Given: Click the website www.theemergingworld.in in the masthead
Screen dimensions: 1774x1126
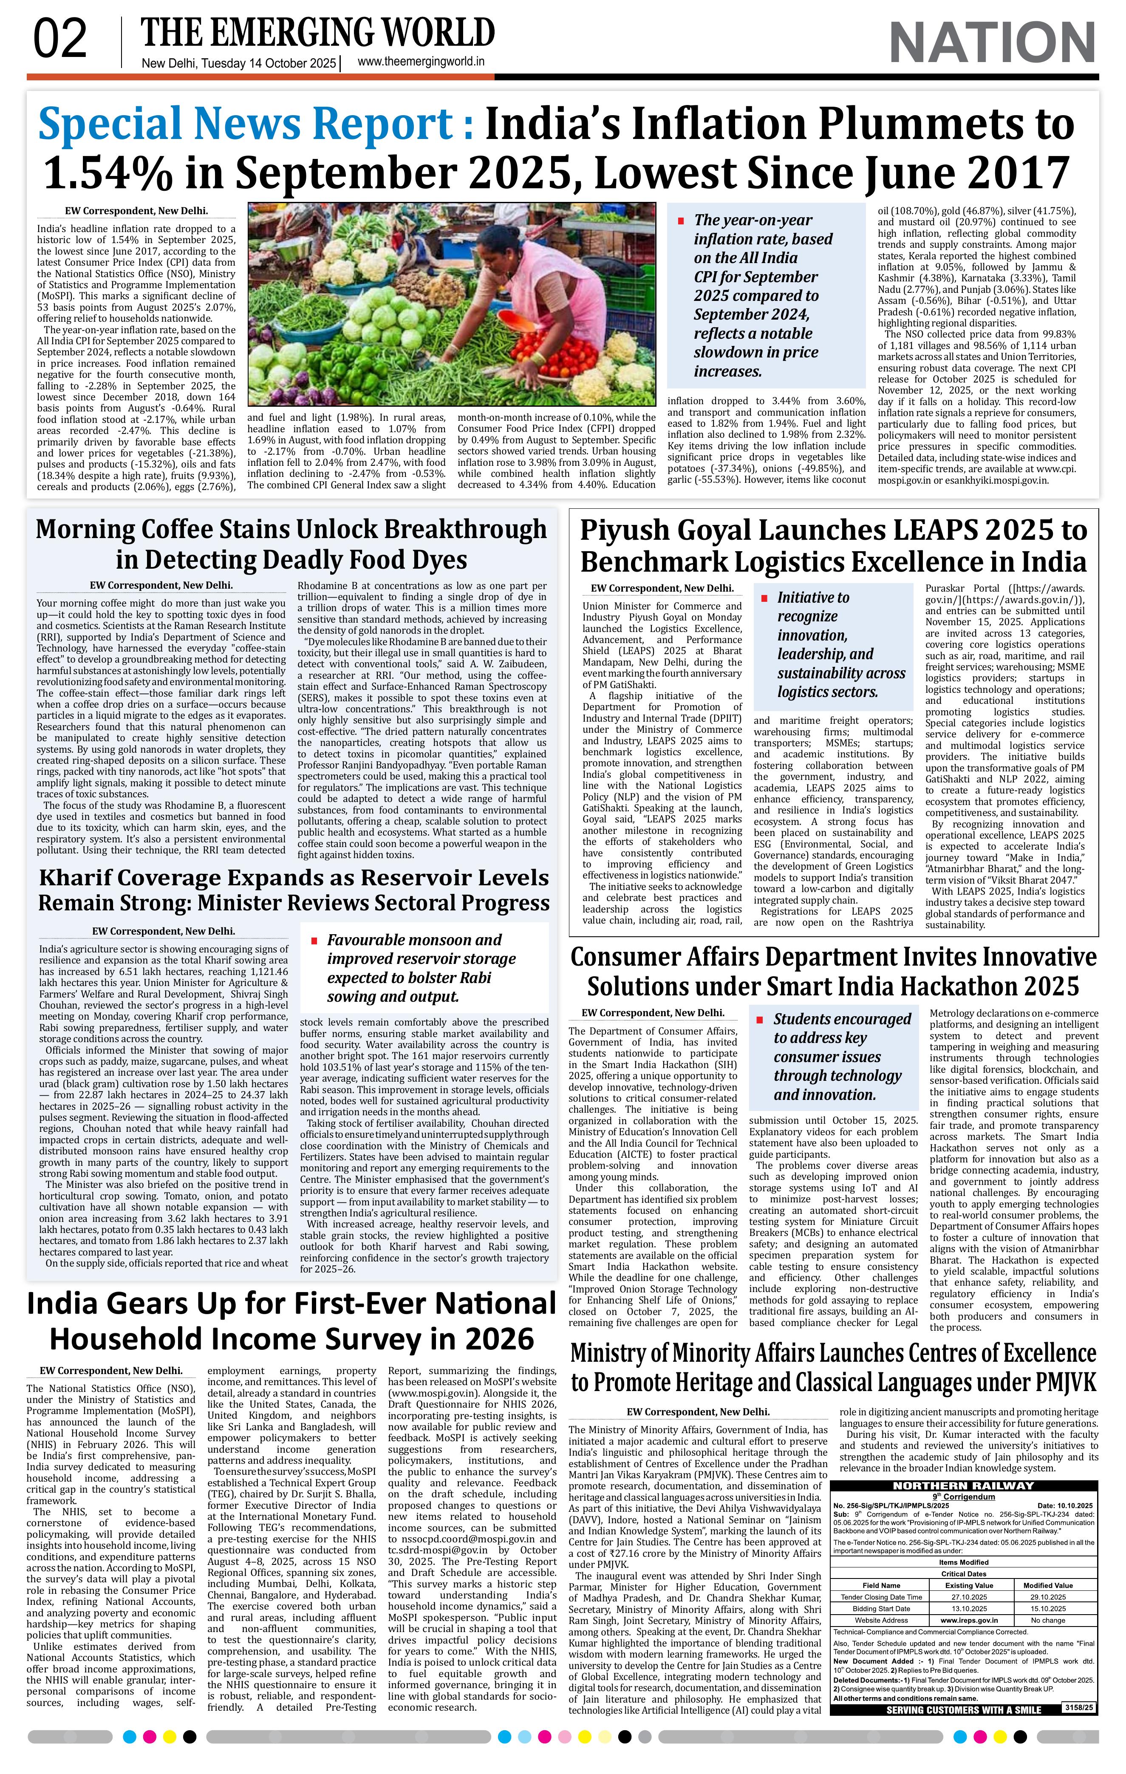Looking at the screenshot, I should (x=421, y=62).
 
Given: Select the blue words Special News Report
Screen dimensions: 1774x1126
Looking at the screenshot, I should (x=250, y=124).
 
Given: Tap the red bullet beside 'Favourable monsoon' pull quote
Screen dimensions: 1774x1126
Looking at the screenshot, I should (x=314, y=941).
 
